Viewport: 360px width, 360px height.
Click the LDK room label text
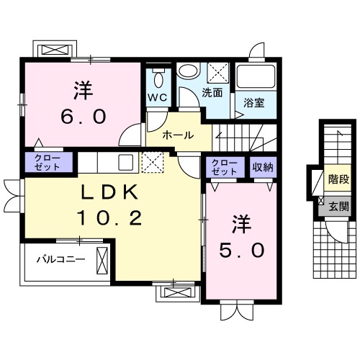click(109, 194)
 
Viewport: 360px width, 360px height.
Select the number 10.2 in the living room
click(109, 218)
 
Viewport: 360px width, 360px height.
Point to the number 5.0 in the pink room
click(241, 249)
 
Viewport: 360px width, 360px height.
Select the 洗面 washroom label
click(212, 93)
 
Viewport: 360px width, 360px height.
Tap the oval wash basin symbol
click(188, 72)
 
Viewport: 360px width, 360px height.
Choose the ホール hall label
click(177, 135)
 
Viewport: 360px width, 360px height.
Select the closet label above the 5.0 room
click(225, 168)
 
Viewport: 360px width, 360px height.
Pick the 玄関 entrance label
click(338, 206)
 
